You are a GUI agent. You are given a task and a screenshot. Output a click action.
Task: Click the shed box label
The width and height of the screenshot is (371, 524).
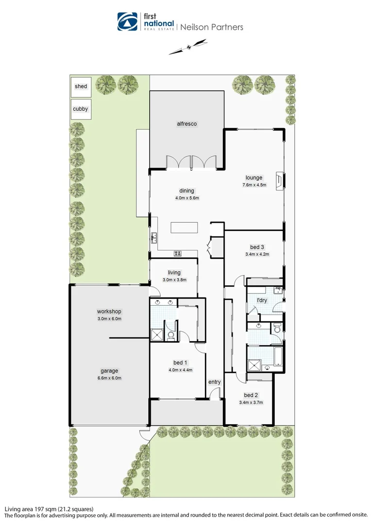coord(81,86)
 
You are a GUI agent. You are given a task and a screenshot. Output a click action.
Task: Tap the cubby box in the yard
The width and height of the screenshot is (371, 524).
coord(81,109)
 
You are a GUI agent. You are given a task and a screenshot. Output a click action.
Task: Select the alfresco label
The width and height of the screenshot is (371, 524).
coord(186,124)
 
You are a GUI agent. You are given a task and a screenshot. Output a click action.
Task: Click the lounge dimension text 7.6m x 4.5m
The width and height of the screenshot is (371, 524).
coord(254,185)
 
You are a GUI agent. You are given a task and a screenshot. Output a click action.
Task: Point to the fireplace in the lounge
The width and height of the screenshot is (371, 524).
coord(278,180)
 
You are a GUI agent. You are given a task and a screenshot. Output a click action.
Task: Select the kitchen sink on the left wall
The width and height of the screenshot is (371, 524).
coord(154,237)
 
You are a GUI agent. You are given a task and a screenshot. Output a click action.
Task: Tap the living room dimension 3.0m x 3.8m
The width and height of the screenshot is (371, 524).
coord(174,279)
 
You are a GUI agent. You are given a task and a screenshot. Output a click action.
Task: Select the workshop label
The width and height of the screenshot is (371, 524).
coord(109,311)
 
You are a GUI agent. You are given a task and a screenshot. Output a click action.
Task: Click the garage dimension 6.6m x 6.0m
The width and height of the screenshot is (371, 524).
coord(109,378)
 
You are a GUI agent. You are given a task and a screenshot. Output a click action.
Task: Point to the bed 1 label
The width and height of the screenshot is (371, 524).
coord(180,362)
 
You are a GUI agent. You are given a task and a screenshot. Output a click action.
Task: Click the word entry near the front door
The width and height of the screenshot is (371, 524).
coord(214,382)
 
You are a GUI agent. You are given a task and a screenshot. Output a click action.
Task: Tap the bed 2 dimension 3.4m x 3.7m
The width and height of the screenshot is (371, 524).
coord(251,402)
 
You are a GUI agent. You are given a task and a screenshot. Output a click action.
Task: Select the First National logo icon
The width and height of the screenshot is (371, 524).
coord(128,22)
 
